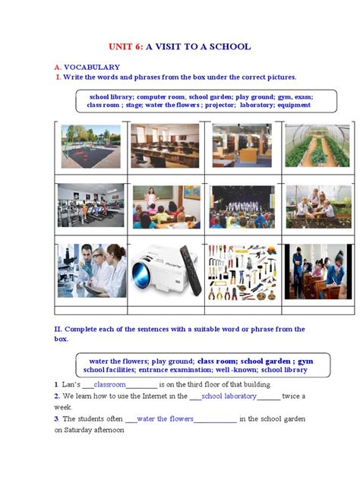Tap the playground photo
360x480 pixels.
(90, 145)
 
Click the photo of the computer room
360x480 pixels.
(165, 145)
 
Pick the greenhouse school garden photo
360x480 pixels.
(307, 145)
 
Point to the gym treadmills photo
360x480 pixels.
(90, 206)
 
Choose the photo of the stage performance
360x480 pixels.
(236, 206)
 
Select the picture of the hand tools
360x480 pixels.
(237, 272)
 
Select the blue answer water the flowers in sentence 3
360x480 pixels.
(165, 418)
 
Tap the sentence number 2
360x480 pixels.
(56, 396)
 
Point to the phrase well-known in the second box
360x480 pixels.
(235, 370)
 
